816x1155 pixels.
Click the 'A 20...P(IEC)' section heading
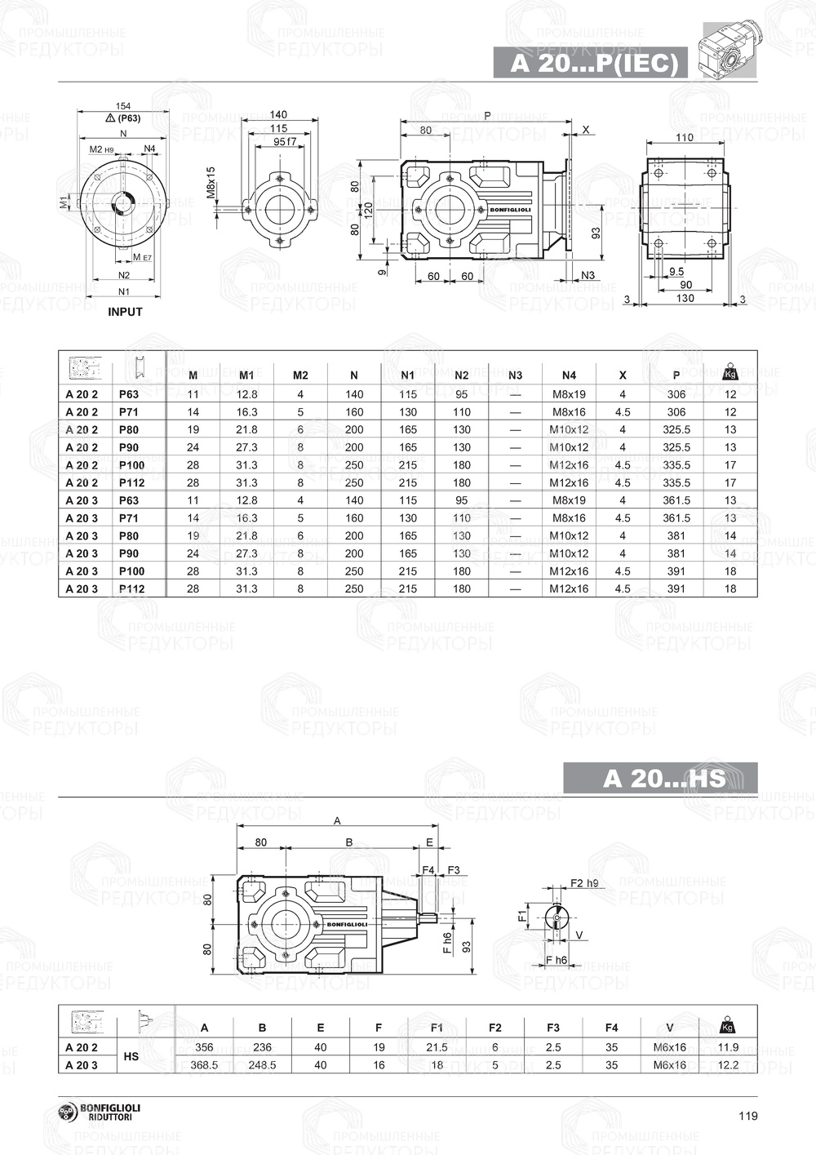(593, 64)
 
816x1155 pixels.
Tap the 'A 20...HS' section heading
(663, 778)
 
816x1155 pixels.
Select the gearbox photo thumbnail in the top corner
(730, 49)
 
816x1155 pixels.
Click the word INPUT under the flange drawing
(125, 312)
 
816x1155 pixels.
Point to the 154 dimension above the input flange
(123, 106)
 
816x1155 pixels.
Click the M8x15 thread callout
(211, 184)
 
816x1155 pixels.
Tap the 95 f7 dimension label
(284, 141)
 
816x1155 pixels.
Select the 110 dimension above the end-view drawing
(685, 137)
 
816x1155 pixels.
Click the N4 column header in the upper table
(569, 375)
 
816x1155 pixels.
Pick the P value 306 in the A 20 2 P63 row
(676, 394)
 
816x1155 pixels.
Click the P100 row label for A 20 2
(131, 465)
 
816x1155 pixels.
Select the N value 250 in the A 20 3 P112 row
(353, 589)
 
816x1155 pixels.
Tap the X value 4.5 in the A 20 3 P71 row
(623, 518)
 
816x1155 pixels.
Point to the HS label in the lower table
(131, 1056)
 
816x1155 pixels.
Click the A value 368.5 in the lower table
(204, 1065)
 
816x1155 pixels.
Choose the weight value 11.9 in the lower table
(729, 1047)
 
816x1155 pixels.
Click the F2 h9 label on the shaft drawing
(583, 883)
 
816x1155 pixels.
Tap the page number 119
(747, 1116)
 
